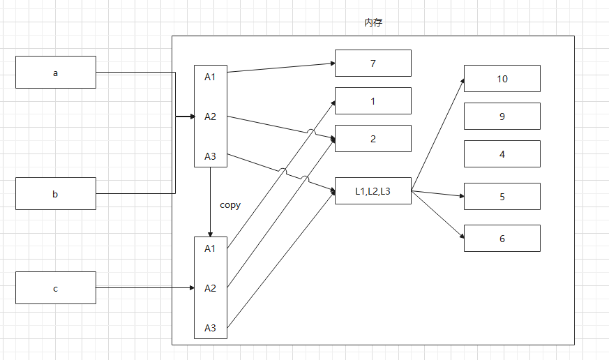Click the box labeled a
(56, 72)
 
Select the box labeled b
(56, 193)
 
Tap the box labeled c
(56, 287)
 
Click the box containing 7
(373, 63)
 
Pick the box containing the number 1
(373, 100)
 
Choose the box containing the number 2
(373, 138)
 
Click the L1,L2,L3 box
(373, 190)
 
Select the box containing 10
(502, 78)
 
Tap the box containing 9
(502, 116)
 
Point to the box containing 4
(502, 153)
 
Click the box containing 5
(502, 196)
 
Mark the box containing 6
(502, 238)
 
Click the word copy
(230, 204)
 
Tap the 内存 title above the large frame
(373, 22)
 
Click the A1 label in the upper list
(210, 76)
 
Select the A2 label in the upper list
(210, 116)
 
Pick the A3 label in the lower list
(210, 327)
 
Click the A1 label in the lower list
(210, 248)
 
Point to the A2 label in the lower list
(210, 287)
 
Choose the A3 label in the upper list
(210, 156)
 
